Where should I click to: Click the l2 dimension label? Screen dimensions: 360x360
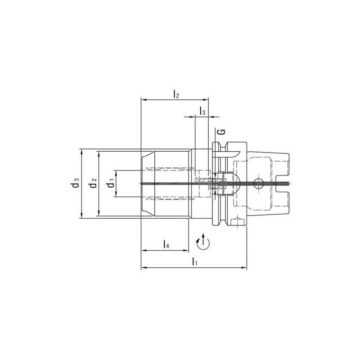[176, 94]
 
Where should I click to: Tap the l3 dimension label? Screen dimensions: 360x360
[203, 112]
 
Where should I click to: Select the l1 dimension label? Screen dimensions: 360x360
[194, 261]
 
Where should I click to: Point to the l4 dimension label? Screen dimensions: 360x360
[166, 245]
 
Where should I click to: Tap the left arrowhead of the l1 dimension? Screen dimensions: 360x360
[144, 268]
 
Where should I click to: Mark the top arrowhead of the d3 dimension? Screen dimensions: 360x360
[81, 151]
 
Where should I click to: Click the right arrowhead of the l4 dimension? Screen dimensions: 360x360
[185, 250]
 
